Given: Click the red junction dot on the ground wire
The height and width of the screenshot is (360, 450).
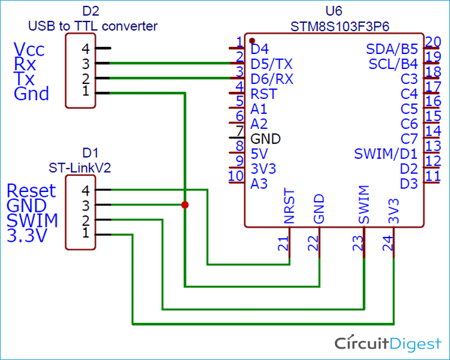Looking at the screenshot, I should tap(184, 205).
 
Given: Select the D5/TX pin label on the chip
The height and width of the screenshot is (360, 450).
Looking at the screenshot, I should tap(272, 63).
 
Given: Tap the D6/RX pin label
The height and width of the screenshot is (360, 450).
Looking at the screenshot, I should tap(272, 79).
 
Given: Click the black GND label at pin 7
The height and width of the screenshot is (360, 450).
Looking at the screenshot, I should tap(266, 139).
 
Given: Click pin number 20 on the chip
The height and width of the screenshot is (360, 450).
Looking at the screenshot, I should tap(433, 42).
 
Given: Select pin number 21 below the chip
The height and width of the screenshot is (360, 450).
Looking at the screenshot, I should tap(284, 243).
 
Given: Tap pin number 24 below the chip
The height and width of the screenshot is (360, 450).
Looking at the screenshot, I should tap(388, 243).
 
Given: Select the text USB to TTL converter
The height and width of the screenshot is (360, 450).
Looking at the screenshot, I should tap(93, 26).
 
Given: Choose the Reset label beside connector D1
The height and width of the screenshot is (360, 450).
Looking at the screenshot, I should tap(31, 191).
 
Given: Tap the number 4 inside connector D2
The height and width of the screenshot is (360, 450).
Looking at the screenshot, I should tap(85, 49).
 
